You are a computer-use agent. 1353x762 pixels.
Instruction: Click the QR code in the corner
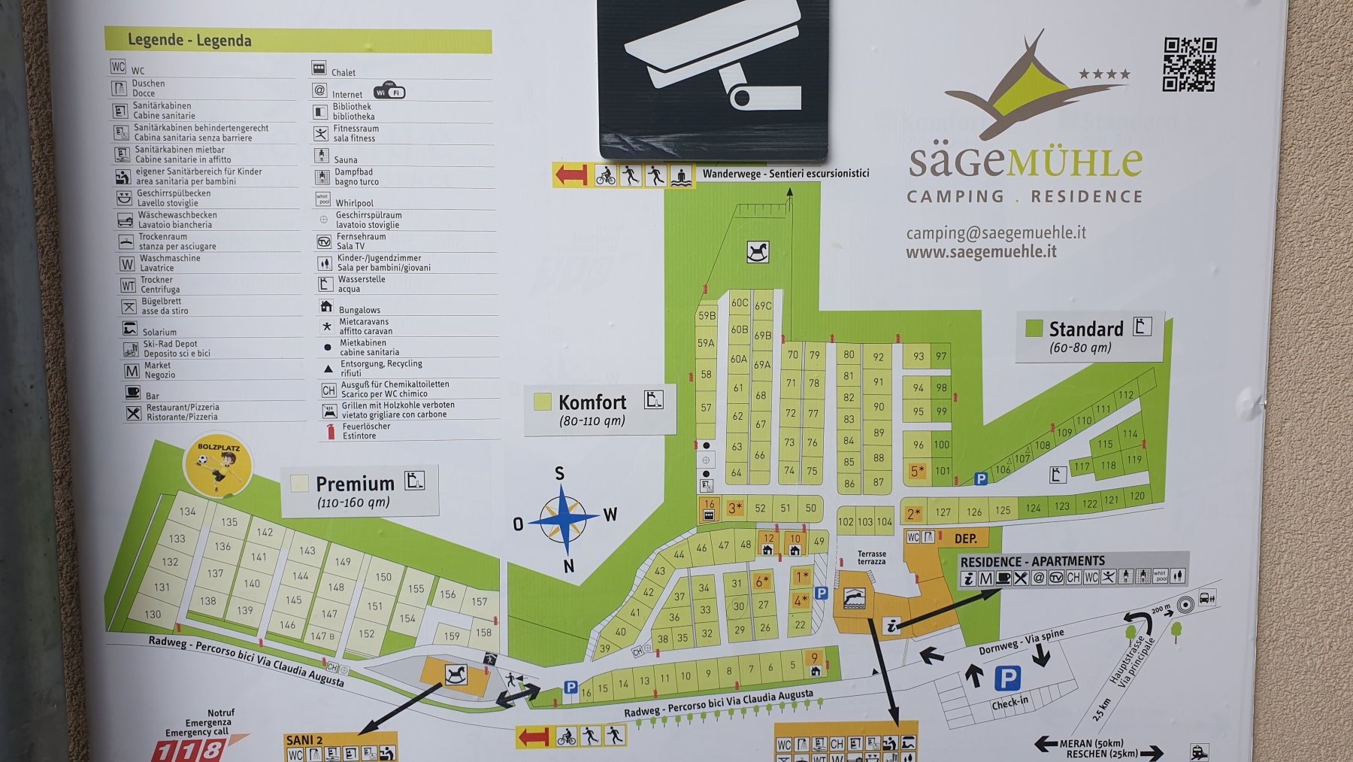click(1189, 65)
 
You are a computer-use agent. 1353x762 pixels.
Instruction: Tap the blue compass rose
click(564, 519)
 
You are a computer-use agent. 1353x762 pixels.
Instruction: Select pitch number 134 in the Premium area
click(187, 512)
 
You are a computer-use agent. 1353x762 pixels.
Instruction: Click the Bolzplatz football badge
click(218, 465)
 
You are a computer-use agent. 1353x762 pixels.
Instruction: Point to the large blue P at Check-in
click(1007, 679)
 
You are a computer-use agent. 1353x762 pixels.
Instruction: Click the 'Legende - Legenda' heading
click(189, 41)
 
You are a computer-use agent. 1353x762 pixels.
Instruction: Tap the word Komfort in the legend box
click(592, 402)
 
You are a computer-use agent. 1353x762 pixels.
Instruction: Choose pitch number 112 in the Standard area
click(1125, 395)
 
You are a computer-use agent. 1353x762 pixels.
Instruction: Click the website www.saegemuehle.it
click(981, 252)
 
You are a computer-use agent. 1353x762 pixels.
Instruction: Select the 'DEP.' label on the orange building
click(965, 539)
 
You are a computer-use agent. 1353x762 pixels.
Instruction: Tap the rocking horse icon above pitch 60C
click(758, 252)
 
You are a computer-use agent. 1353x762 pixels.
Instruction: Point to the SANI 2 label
click(304, 740)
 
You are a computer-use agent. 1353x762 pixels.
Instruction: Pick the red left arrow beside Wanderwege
click(571, 175)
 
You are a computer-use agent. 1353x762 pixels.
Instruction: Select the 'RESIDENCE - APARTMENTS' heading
click(1032, 561)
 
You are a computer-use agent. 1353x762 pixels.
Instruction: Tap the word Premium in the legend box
click(355, 484)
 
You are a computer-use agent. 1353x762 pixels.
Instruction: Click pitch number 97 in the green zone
click(941, 356)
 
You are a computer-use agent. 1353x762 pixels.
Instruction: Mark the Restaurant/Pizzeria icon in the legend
click(133, 412)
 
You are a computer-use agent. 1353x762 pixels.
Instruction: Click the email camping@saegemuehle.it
click(996, 232)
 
